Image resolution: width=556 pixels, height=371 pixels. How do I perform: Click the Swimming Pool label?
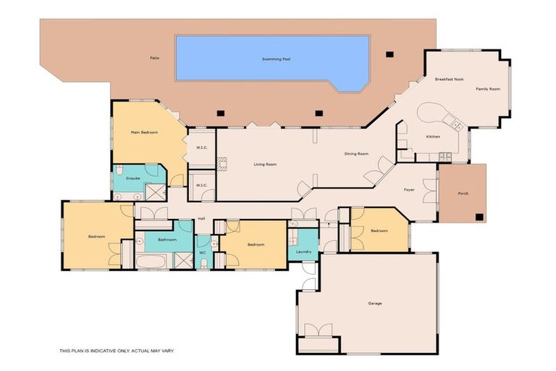[272, 59]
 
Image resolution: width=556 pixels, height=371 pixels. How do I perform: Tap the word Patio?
[153, 57]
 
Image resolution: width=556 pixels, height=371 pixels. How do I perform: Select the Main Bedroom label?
[144, 133]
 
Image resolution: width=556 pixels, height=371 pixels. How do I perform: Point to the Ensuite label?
[132, 178]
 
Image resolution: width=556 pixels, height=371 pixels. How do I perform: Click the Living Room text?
[265, 164]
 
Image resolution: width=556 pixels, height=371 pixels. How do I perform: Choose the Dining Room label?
[356, 154]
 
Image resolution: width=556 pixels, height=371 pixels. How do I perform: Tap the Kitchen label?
[433, 136]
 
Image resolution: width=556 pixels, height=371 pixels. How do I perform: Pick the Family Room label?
[487, 88]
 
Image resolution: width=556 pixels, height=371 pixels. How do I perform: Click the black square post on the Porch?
[479, 216]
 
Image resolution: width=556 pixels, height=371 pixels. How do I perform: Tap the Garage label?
[374, 303]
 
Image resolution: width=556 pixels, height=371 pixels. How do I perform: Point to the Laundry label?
[304, 251]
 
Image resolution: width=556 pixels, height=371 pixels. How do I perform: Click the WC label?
[203, 253]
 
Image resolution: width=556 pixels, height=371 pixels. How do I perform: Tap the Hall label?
[201, 218]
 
